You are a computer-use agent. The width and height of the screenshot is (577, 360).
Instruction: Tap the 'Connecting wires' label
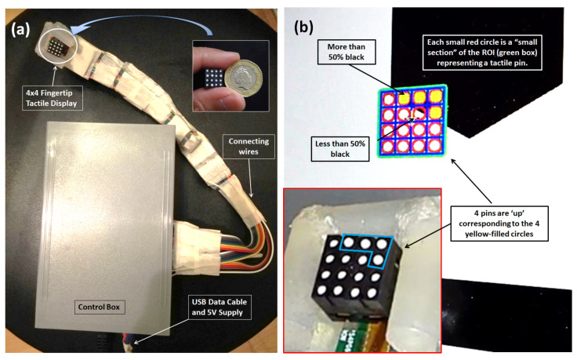[x=246, y=147]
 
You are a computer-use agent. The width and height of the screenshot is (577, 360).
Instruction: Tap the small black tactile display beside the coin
[x=211, y=78]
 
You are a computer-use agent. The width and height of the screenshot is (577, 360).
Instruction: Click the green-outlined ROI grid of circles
[x=415, y=121]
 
